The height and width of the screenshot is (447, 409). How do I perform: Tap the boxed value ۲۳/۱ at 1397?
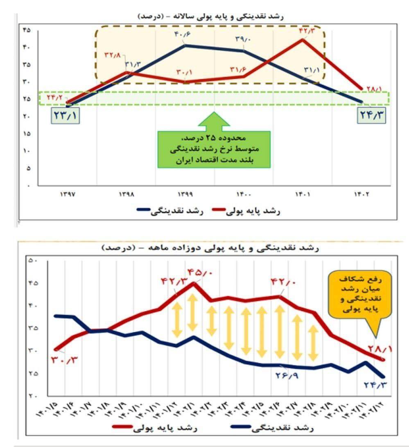(x=65, y=115)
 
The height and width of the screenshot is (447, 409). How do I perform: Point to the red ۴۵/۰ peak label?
(x=199, y=272)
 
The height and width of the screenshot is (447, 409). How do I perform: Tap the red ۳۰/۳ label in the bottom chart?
(x=65, y=361)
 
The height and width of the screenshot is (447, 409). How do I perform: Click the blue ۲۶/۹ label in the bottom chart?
(x=287, y=375)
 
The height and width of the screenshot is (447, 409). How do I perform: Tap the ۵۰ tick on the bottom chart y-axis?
(x=33, y=261)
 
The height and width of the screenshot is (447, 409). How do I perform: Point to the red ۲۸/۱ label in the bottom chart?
(x=380, y=349)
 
